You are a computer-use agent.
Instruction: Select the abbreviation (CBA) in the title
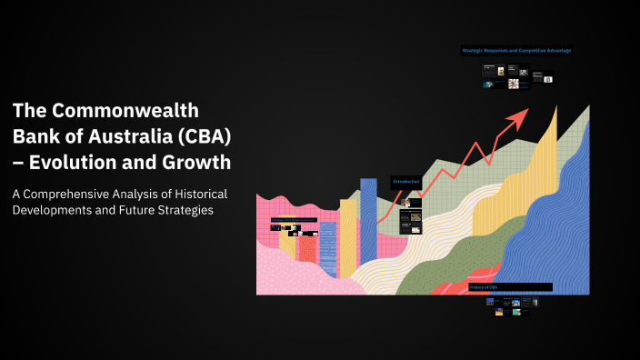pos(204,137)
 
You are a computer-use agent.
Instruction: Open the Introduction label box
pos(406,183)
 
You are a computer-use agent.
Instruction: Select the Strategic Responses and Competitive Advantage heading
pos(516,51)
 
